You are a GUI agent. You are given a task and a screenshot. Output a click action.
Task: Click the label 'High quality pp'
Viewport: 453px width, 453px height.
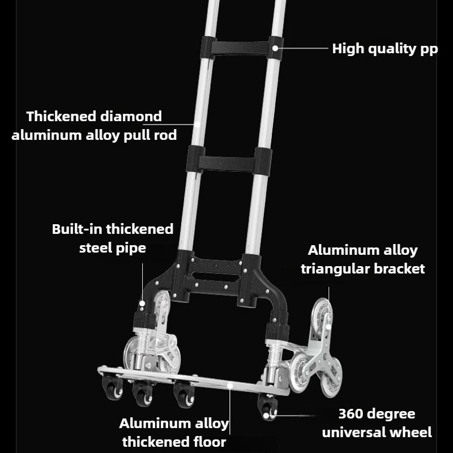point(385,49)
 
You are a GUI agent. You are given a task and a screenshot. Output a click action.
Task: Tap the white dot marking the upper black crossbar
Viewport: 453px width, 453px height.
point(275,48)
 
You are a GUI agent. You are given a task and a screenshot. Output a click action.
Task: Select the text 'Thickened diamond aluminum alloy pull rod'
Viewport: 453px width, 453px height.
point(94,126)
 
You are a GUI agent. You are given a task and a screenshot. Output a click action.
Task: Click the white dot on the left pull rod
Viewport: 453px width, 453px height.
point(197,125)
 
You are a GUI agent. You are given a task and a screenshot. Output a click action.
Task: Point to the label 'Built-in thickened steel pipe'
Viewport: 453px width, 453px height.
point(113,238)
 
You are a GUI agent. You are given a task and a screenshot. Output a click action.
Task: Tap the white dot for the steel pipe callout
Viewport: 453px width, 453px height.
point(142,304)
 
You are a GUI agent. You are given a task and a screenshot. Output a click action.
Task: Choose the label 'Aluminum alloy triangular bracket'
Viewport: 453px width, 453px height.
point(363,259)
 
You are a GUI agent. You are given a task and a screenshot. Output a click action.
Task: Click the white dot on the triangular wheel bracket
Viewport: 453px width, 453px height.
point(328,327)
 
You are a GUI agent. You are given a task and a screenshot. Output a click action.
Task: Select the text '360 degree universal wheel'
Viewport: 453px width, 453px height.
point(377,423)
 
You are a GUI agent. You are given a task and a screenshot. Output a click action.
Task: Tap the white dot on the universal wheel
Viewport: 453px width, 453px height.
point(266,416)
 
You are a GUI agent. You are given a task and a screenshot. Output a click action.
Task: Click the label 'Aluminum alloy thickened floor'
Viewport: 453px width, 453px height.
point(174,433)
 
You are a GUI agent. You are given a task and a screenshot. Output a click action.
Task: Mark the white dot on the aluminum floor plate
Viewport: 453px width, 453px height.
point(230,386)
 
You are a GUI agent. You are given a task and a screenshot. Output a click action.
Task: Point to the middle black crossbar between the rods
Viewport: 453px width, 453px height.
point(229,161)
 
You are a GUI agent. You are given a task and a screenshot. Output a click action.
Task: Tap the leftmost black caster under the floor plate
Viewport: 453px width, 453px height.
point(112,387)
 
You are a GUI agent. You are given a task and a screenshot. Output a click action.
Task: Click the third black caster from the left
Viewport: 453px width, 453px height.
point(183,394)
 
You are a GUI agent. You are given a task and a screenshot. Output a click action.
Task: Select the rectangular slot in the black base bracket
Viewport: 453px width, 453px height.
point(216,277)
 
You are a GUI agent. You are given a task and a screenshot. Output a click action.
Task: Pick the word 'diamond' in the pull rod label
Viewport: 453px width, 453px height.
point(131,117)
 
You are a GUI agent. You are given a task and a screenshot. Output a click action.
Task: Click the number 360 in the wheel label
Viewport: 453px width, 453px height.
point(350,414)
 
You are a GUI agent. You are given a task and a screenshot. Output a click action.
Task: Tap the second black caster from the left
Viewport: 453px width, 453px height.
point(143,393)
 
